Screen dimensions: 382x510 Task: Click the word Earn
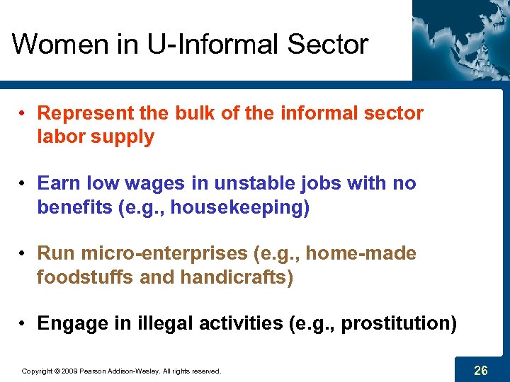coord(58,183)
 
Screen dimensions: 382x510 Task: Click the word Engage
coord(69,323)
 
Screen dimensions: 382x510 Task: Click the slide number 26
coord(481,369)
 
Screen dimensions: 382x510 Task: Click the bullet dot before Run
coord(23,253)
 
